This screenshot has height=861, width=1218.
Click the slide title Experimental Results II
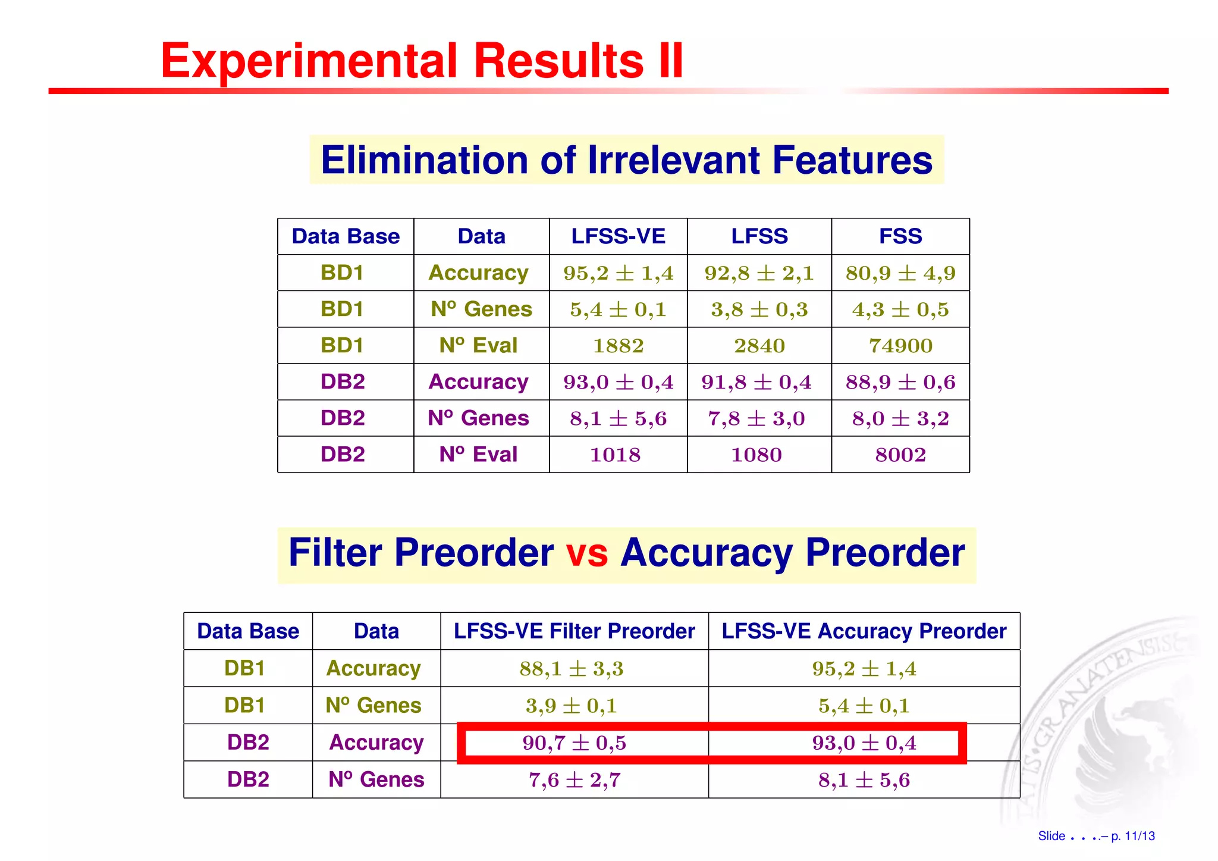422,61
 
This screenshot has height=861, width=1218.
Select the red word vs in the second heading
586,553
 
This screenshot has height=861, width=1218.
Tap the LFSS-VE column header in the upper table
618,236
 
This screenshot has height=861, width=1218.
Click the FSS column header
900,236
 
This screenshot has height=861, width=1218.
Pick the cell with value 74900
900,346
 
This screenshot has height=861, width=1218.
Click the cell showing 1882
618,346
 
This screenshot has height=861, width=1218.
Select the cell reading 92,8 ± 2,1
759,273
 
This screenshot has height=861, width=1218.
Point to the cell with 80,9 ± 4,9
900,273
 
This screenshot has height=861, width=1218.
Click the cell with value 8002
900,455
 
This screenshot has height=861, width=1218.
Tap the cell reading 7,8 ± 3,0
756,418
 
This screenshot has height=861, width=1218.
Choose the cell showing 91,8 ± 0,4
756,382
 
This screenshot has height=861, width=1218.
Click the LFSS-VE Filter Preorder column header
574,631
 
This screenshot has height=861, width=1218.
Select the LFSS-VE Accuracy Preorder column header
864,631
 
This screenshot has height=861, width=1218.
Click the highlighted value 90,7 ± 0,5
574,743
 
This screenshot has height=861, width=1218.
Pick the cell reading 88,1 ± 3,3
571,668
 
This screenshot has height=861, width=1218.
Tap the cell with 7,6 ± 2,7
574,779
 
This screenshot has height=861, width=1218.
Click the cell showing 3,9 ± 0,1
571,706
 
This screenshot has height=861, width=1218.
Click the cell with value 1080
756,455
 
